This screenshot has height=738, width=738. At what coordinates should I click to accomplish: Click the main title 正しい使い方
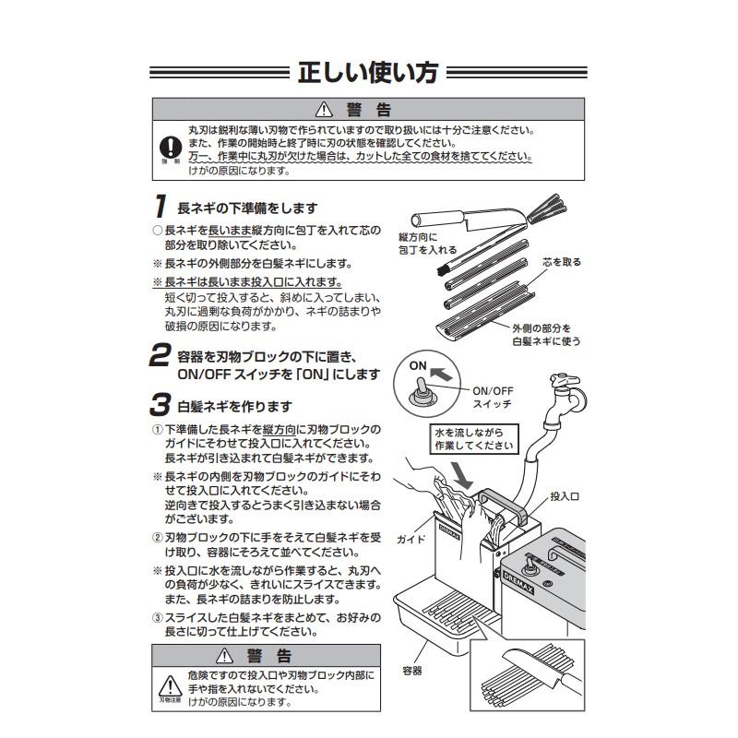pyautogui.click(x=368, y=73)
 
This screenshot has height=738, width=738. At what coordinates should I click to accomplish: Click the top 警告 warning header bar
pyautogui.click(x=368, y=109)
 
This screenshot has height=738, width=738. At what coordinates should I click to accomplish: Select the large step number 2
pyautogui.click(x=161, y=356)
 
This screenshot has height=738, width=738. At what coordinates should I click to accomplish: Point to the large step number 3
pyautogui.click(x=161, y=405)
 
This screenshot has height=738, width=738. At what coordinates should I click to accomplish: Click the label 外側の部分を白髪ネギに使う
pyautogui.click(x=545, y=334)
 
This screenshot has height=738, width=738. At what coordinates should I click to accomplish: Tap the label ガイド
pyautogui.click(x=410, y=537)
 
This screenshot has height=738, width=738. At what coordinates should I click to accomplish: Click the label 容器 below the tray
pyautogui.click(x=411, y=671)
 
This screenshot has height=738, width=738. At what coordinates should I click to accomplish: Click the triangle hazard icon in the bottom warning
pyautogui.click(x=171, y=685)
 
